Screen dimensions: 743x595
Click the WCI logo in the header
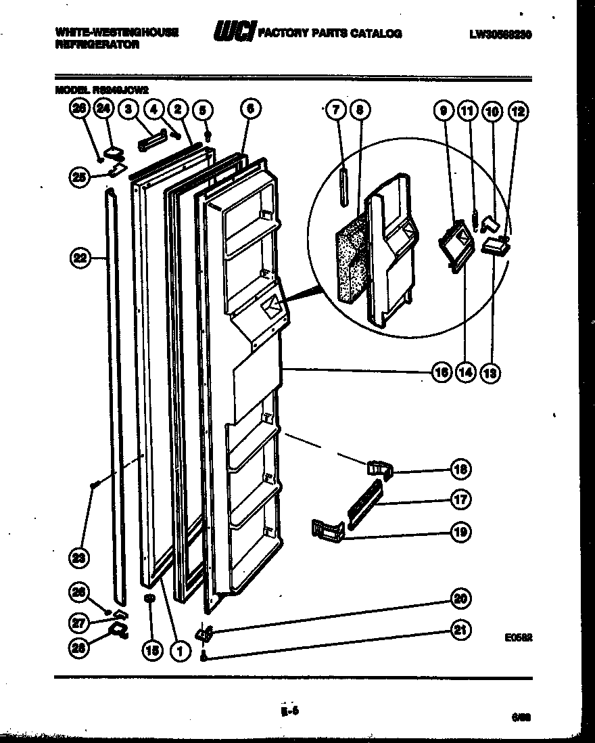[x=233, y=32]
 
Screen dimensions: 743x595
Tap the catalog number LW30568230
[x=500, y=33]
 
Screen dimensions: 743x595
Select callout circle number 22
[x=80, y=258]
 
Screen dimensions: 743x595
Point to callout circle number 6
[x=249, y=108]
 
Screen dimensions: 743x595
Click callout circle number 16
[x=442, y=371]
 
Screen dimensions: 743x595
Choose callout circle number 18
[x=462, y=469]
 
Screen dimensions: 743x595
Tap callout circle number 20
[x=462, y=599]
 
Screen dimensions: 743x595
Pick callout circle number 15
[x=153, y=650]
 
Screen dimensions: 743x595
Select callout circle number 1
[x=178, y=650]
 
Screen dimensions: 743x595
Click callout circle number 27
[x=80, y=621]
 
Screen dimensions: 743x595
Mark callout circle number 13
[x=490, y=371]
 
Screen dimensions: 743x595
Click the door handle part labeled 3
[x=152, y=143]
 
